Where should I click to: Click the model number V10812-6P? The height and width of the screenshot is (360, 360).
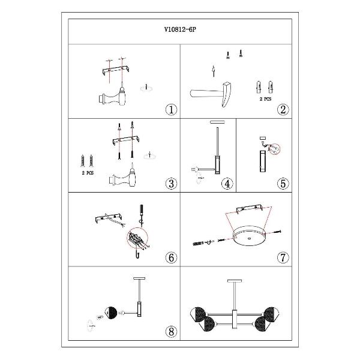(180, 29)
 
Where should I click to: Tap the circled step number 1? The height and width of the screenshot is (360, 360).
(171, 110)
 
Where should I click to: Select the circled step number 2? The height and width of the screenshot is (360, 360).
(283, 110)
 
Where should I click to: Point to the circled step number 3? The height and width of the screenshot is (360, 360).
(171, 184)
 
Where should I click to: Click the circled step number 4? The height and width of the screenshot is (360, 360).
(227, 184)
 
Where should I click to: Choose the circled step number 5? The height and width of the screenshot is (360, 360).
(283, 184)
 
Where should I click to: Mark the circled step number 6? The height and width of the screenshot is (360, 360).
(171, 257)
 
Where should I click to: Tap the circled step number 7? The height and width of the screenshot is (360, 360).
(283, 257)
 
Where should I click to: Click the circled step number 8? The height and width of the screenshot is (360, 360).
(171, 332)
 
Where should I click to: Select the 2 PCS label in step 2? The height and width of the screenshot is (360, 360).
(265, 99)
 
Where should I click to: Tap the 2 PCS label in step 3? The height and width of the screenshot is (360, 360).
(88, 173)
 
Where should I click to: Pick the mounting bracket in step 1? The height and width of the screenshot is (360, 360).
(115, 70)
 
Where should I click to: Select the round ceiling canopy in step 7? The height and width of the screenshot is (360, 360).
(249, 236)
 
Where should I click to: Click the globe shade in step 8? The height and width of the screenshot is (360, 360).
(111, 313)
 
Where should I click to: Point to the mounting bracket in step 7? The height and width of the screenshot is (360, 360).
(250, 208)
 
